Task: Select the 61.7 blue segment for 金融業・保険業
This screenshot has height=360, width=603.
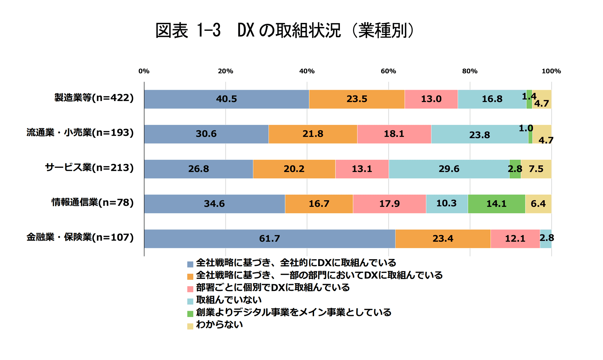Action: coord(269,239)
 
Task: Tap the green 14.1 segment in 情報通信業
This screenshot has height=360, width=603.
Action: coord(496,204)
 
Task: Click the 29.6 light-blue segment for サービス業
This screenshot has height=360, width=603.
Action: coord(449,169)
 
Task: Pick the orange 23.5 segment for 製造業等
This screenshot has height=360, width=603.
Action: coord(357,99)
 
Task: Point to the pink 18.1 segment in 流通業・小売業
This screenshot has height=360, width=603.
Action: coord(394,134)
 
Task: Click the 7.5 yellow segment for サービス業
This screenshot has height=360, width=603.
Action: coord(536,169)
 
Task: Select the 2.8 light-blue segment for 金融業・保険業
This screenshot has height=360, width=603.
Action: coord(546,239)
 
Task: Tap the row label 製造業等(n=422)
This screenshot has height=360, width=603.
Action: coord(94,98)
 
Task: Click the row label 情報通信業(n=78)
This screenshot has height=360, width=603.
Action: coord(92,202)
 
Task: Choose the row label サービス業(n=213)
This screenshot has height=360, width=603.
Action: coord(89,168)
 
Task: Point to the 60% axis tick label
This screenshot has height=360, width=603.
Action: coord(388,71)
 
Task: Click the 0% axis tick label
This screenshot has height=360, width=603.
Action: coord(144,71)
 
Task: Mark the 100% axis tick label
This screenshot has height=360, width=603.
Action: coord(551,71)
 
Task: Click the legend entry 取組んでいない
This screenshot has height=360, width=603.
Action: coord(229,300)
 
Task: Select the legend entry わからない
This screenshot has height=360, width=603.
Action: coord(219,325)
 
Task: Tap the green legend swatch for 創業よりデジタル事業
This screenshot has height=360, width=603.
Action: coord(190,314)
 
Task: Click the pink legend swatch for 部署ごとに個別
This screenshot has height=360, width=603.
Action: coord(190,289)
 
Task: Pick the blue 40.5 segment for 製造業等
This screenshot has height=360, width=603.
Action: coord(226,99)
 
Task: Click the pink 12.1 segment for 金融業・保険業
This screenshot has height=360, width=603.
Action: coord(515,239)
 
